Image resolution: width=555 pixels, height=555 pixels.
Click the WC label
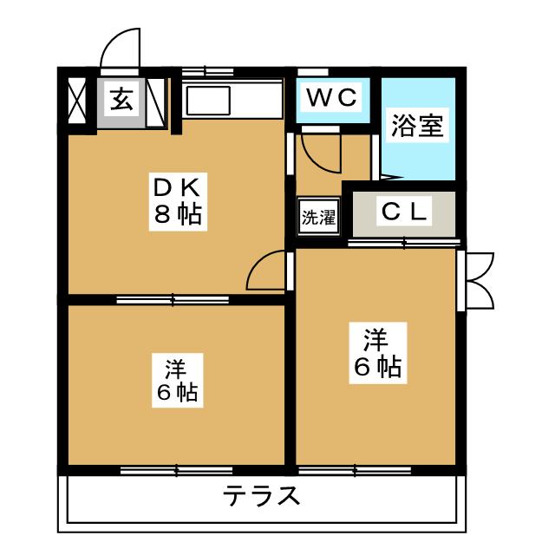coord(330,98)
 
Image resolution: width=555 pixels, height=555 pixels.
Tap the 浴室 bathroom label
coord(417,127)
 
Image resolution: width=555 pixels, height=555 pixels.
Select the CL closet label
coord(404,212)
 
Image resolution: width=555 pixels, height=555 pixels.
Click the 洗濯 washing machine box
coord(318,218)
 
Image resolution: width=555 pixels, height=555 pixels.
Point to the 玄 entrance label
coord(121,101)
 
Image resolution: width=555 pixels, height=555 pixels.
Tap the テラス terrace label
coord(262,498)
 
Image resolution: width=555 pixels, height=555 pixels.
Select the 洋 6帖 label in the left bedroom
coord(177,380)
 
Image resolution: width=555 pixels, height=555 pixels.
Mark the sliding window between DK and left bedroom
coord(173,300)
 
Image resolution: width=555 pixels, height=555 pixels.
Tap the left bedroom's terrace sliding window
coord(177,471)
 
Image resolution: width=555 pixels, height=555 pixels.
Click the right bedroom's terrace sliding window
coord(355,471)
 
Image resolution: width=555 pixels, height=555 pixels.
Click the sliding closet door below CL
coord(404,243)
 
